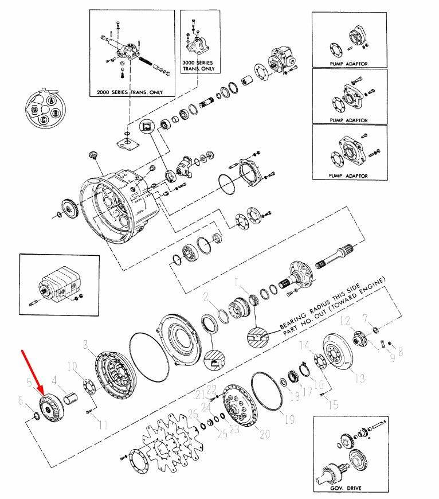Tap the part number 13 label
coord(359,379)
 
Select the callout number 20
coord(265,434)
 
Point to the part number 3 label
coord(85,344)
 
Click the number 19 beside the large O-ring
coord(289,419)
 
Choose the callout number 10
coord(72,367)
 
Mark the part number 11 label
coord(103,424)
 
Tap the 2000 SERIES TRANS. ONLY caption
coord(130,92)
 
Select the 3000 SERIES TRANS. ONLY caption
coord(198,65)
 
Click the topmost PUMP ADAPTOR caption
coord(348,64)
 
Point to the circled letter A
coord(51,101)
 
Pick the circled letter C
coord(44,120)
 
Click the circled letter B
coord(56,112)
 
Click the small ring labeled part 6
coord(37,415)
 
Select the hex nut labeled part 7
coord(374,329)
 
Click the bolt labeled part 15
coord(322,395)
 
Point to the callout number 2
coord(206,297)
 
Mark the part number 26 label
coord(193,414)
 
